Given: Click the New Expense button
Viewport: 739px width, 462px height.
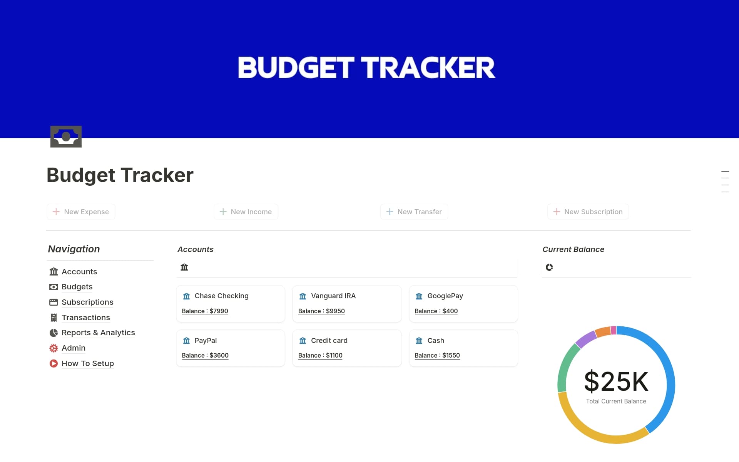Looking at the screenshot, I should pos(81,212).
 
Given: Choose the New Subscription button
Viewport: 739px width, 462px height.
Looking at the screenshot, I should pos(588,212).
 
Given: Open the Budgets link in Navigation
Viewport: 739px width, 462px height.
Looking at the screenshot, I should pos(77,287).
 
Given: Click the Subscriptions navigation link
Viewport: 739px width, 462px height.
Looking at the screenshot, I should pos(87,302).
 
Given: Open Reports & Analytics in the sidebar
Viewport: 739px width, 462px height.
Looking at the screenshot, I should pos(98,333).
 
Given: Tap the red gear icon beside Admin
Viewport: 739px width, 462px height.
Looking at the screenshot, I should pos(54,348).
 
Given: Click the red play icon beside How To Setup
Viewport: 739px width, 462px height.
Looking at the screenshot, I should pos(54,363).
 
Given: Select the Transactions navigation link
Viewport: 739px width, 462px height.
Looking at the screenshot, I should pos(86,318).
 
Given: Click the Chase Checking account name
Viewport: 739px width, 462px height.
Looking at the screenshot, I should pos(221,296).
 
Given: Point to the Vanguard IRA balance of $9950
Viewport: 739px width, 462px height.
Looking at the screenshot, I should pos(321,311).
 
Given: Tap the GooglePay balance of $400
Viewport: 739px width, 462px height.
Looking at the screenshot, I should pos(436,311).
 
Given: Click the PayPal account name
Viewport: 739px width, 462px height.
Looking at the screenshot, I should pos(206,341).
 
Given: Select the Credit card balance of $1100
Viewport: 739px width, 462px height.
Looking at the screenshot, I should pos(320,355).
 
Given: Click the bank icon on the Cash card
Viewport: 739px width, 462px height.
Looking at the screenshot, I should pos(419,341).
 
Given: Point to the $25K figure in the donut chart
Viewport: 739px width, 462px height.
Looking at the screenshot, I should pos(616,381).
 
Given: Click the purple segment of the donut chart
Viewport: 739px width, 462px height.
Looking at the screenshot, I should pos(585,339).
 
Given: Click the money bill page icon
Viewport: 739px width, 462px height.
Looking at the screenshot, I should pos(66,136).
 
